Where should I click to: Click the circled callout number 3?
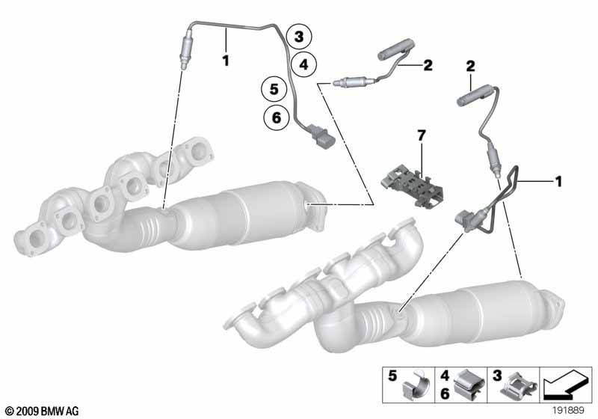[x=299, y=37]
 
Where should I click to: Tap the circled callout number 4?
[x=303, y=64]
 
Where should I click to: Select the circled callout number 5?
[x=274, y=89]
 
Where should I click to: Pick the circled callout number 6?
[x=277, y=117]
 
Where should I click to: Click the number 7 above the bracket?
[x=421, y=135]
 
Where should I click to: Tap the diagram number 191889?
[x=569, y=411]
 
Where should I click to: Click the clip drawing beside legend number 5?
[x=416, y=385]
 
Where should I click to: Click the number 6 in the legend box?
[x=445, y=393]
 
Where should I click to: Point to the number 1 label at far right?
[x=558, y=182]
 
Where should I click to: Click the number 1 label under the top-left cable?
[x=226, y=61]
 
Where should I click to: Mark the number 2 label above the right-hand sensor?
[x=471, y=66]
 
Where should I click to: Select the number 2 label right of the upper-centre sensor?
[x=428, y=65]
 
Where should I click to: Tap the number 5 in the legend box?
[x=392, y=376]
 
